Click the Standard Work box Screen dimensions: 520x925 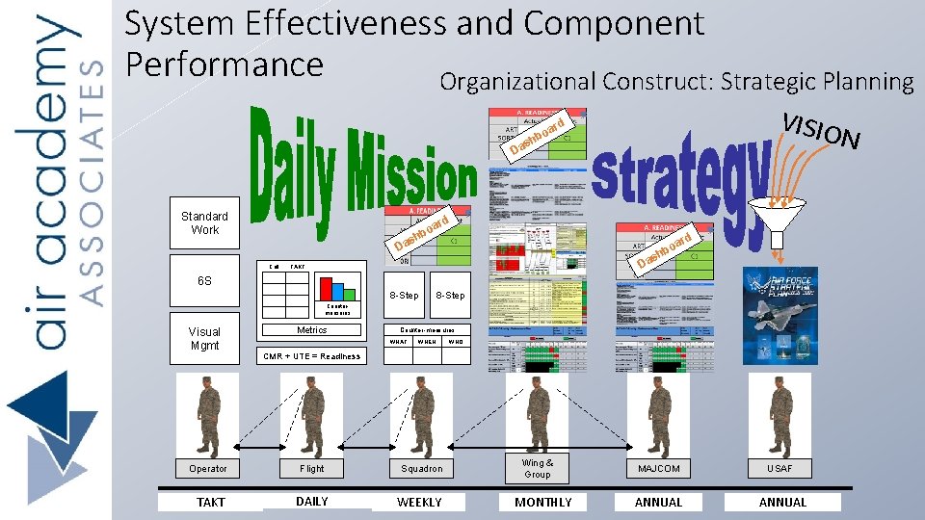tap(204, 223)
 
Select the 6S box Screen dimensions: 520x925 tap(204, 281)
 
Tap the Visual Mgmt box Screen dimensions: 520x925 tap(204, 338)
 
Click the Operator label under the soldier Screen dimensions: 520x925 tap(207, 469)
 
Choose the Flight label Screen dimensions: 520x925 tap(312, 469)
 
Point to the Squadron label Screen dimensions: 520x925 tap(422, 469)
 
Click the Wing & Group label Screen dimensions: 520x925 tap(538, 468)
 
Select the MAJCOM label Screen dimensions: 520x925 tap(659, 469)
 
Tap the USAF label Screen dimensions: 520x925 tap(780, 469)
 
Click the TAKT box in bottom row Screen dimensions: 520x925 tap(210, 502)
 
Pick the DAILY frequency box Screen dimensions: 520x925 tap(312, 502)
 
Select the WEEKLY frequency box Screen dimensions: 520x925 tap(420, 502)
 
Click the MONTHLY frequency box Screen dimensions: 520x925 tap(543, 502)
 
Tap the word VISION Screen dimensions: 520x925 tap(820, 132)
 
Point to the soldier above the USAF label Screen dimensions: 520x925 tap(780, 416)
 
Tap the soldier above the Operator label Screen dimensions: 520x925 tap(207, 416)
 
